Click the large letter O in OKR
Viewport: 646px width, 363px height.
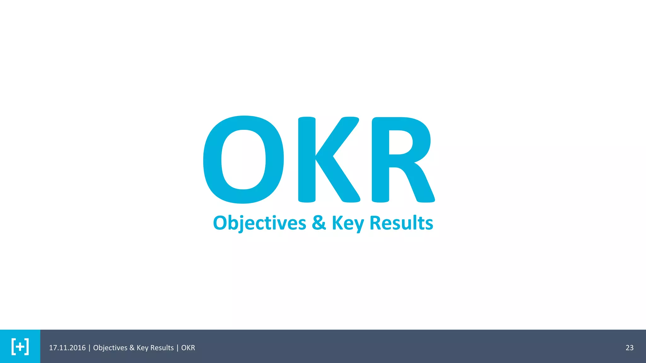(243, 160)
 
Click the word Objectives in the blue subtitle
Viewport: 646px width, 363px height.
(260, 223)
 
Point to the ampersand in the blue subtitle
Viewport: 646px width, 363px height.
(319, 223)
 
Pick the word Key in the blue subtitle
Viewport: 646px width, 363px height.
(348, 223)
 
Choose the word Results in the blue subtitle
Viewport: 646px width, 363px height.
(401, 223)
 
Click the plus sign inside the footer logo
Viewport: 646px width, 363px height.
(20, 347)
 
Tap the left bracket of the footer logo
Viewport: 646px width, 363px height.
(14, 347)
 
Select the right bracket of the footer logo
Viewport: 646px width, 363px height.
(27, 347)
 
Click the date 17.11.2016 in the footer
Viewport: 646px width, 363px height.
(67, 348)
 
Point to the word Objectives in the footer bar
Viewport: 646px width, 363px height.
(110, 348)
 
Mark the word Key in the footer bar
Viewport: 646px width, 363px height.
(142, 348)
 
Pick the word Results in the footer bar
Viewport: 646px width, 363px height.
(162, 348)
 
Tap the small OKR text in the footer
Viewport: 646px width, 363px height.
(188, 348)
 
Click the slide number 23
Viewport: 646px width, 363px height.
(629, 348)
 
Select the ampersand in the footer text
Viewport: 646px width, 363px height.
(132, 348)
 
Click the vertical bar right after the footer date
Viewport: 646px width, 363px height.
(89, 348)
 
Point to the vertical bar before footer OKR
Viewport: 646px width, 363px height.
(177, 348)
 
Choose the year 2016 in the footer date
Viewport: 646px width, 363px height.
(78, 348)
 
